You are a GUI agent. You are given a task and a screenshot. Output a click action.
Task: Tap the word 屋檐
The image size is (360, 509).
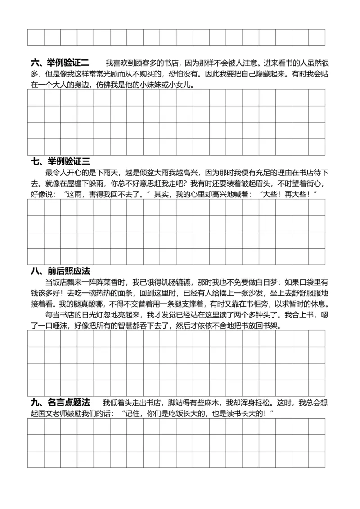click(79, 183)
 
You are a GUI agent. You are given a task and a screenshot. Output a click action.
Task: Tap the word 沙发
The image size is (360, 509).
click(236, 293)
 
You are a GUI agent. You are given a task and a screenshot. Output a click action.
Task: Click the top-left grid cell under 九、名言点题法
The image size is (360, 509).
click(36, 427)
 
